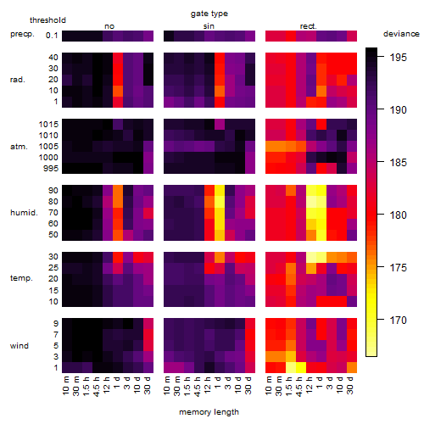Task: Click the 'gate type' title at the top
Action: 209,14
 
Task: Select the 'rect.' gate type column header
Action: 308,26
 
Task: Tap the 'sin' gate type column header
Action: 209,26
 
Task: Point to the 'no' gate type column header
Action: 109,26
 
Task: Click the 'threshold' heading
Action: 47,20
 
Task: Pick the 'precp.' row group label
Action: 22,34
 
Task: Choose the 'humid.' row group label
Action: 24,213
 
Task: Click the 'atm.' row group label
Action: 19,147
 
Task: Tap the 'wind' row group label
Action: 20,346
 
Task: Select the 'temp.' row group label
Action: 21,278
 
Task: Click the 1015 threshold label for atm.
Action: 48,125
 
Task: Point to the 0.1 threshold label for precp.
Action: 52,36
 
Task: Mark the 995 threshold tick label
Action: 51,169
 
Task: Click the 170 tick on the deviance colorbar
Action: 398,321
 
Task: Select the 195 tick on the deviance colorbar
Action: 398,58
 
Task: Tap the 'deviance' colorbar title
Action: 401,34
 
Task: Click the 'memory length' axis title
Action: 209,412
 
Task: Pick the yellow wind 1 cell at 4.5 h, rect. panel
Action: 301,367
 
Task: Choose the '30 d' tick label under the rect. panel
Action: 350,386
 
